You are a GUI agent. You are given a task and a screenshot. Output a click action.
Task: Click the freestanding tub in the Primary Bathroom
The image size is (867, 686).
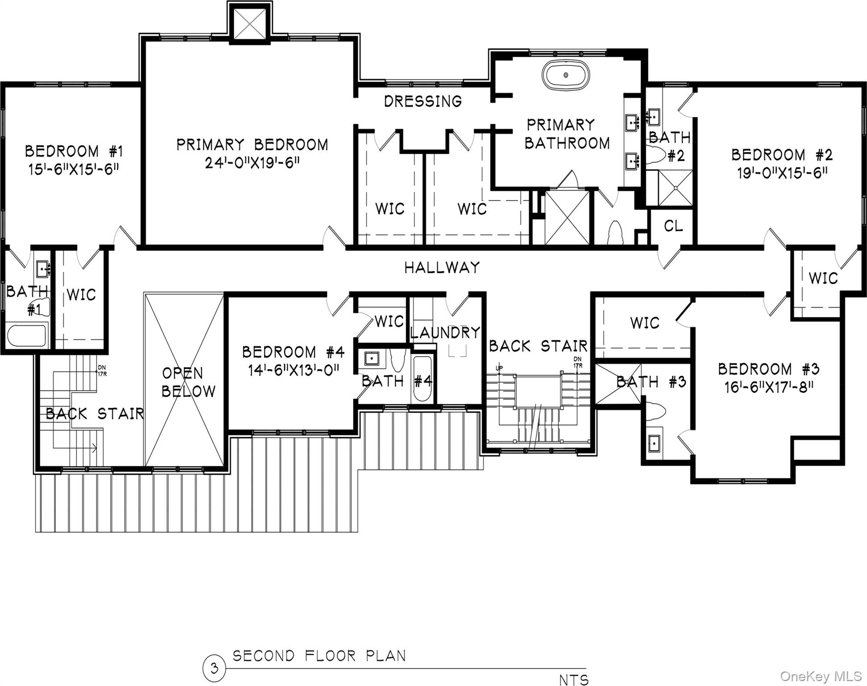click(x=565, y=75)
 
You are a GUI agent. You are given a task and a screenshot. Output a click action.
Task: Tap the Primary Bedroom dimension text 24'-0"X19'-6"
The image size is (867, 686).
click(x=252, y=163)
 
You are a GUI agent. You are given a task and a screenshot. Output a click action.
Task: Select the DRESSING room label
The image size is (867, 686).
click(x=423, y=101)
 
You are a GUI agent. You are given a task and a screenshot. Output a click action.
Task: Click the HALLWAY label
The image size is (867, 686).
click(x=442, y=268)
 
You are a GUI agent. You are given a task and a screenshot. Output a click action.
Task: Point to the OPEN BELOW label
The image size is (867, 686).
click(x=188, y=382)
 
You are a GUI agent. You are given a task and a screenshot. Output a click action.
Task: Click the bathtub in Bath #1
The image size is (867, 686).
click(x=27, y=336)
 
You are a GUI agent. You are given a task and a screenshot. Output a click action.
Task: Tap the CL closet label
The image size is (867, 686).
click(x=673, y=226)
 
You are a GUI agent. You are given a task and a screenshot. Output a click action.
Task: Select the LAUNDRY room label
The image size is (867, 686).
click(x=445, y=333)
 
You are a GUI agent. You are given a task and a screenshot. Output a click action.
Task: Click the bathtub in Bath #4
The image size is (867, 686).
click(x=422, y=379)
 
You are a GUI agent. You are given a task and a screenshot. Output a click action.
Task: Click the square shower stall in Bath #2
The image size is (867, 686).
click(x=675, y=188)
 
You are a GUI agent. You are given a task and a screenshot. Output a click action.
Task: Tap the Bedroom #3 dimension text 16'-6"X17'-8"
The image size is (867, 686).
click(x=768, y=387)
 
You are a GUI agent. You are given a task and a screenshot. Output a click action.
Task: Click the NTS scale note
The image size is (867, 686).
click(x=574, y=680)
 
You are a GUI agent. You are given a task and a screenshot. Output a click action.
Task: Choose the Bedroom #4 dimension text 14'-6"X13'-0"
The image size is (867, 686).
click(x=294, y=370)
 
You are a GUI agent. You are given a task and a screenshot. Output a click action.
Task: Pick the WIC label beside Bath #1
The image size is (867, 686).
click(x=81, y=295)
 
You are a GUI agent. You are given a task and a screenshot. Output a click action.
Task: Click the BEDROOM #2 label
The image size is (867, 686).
click(x=782, y=155)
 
